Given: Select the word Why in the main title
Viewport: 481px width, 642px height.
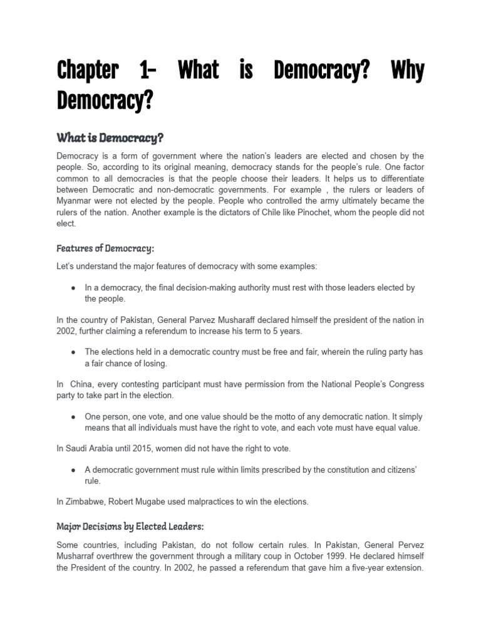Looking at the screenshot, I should click(407, 71).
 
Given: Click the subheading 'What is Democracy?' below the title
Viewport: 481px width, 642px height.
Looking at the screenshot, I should click(110, 137).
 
